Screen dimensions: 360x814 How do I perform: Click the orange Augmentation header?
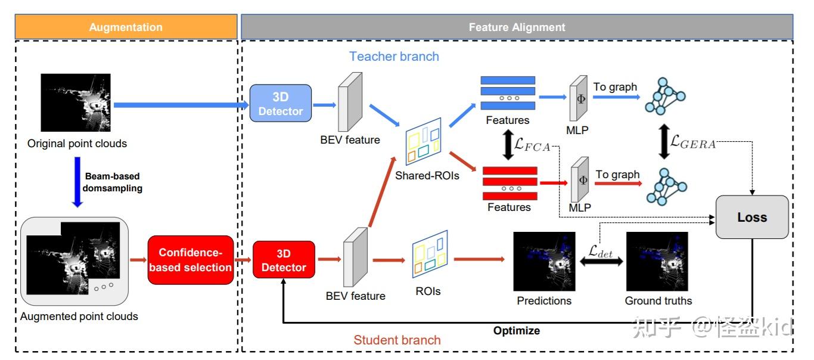coord(126,27)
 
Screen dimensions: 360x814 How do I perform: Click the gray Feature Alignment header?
coord(517,27)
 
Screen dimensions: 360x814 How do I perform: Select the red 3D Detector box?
coord(283,260)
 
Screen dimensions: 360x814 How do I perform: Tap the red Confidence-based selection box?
coord(190,260)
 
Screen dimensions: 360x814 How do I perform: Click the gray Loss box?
coord(752,218)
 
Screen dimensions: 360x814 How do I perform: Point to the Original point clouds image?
coord(76,103)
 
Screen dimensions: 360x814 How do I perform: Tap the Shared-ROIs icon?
coord(422,145)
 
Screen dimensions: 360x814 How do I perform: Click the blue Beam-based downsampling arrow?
coord(77,182)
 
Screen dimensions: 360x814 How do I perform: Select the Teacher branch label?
coord(394,57)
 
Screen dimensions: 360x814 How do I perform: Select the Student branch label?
coord(397,340)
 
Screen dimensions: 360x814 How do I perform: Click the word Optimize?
coord(516,330)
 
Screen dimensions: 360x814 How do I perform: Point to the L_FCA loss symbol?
coord(534,146)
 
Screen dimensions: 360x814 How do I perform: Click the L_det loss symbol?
coord(600,252)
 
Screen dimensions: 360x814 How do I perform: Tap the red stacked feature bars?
coord(508,184)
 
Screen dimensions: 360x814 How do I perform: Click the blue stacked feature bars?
coord(508,92)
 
